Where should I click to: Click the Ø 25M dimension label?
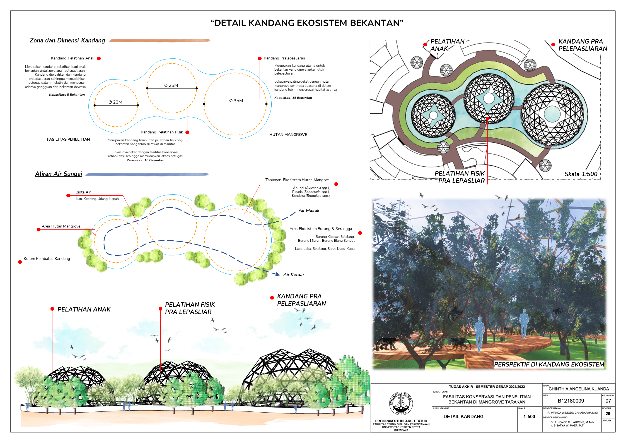[171, 85]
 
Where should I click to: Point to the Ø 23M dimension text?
[115, 102]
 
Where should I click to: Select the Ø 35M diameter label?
[236, 100]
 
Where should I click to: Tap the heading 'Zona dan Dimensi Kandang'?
[67, 40]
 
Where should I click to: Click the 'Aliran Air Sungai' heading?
[59, 174]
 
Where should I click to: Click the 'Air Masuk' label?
[309, 210]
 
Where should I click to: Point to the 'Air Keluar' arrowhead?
[277, 274]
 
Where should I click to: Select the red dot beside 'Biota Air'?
[68, 195]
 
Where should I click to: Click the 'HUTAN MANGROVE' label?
[288, 135]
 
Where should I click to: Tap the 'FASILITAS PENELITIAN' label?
[68, 139]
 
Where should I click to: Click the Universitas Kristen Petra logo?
[401, 403]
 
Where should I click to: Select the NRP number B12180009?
[571, 401]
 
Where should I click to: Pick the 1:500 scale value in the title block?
[529, 416]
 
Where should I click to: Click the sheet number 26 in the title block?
[608, 414]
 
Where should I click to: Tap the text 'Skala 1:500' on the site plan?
[581, 174]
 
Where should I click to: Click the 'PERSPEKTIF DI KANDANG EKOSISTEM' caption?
[549, 364]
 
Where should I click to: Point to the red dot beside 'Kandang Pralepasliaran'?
[260, 58]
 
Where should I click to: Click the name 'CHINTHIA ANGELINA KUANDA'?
[579, 389]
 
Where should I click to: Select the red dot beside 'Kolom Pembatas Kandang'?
[20, 262]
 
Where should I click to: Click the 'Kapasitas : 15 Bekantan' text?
[293, 98]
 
